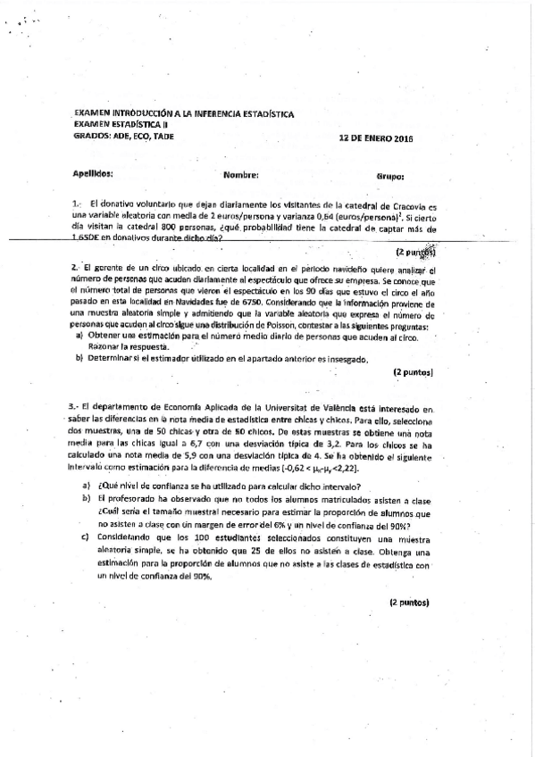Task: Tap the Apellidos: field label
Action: [x=93, y=176]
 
